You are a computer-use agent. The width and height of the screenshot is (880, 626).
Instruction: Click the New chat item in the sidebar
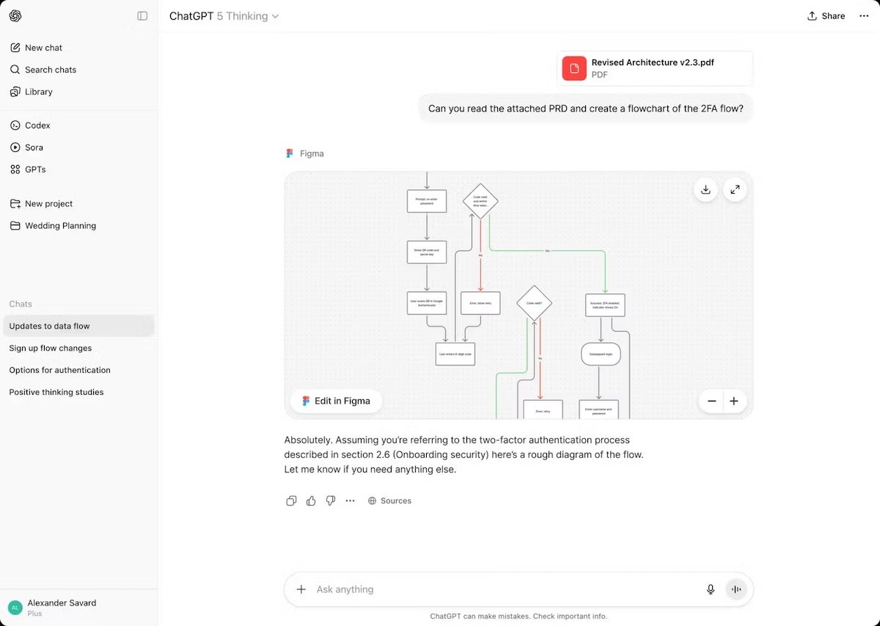[x=43, y=48]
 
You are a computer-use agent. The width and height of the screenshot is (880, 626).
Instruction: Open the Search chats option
[x=50, y=70]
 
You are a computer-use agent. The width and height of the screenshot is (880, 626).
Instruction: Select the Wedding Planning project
[x=60, y=226]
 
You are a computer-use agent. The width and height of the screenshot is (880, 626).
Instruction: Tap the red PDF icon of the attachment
[x=574, y=68]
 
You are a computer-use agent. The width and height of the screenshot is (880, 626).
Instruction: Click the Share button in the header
[x=826, y=16]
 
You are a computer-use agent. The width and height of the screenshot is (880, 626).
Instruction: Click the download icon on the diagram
[x=705, y=189]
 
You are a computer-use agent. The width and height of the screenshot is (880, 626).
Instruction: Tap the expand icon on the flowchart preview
[x=735, y=189]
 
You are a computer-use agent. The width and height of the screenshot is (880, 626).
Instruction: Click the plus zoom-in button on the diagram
[x=734, y=401]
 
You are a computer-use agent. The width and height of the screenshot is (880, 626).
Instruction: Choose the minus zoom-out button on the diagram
[x=711, y=401]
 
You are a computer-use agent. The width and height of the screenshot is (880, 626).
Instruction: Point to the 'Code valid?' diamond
[x=534, y=303]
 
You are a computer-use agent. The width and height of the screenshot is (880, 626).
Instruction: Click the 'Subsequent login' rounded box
[x=601, y=354]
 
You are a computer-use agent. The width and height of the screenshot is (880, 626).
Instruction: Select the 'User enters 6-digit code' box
[x=455, y=354]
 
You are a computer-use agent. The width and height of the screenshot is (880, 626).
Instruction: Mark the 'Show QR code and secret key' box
[x=426, y=252]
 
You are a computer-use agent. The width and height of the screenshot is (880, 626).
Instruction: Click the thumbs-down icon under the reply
[x=331, y=501]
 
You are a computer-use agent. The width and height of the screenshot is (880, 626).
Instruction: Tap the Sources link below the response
[x=390, y=501]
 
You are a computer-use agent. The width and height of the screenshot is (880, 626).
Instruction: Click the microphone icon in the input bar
[x=710, y=589]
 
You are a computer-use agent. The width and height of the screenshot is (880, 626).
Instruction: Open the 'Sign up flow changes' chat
[x=51, y=349]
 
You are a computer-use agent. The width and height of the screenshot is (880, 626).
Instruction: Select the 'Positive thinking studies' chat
[x=56, y=393]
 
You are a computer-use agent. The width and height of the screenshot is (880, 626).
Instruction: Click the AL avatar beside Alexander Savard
[x=15, y=608]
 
